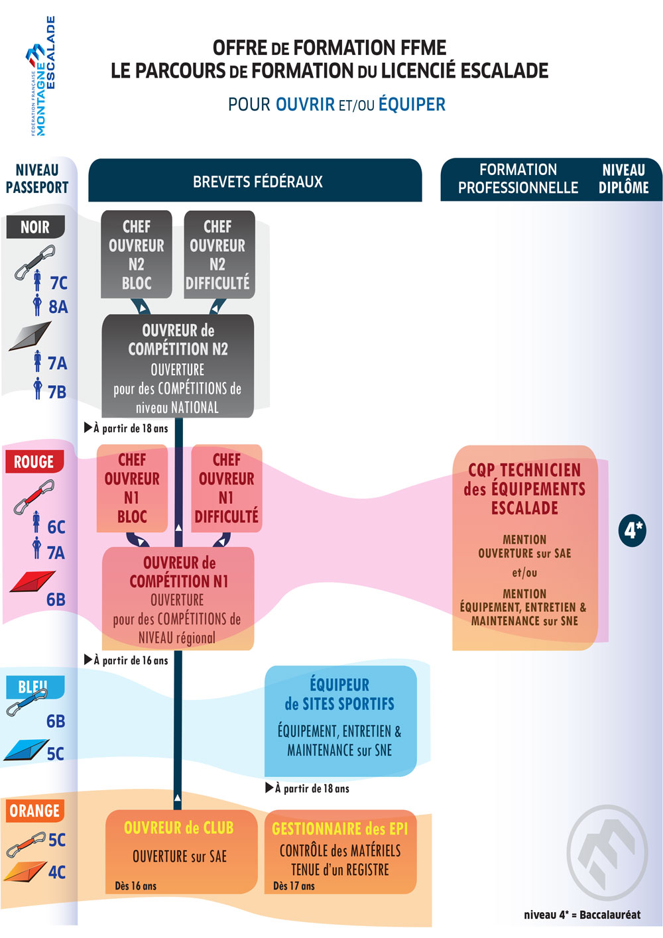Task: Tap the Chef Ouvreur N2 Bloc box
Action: (137, 255)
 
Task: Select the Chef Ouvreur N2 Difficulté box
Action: (218, 255)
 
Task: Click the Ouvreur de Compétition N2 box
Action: (178, 367)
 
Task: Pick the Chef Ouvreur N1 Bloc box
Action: (132, 488)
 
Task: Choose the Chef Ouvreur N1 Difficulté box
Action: (227, 488)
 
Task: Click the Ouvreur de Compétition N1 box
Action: (178, 599)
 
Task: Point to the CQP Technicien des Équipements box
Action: (524, 547)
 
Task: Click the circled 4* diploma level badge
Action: (633, 530)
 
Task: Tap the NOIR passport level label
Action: (36, 227)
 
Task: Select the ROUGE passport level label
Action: (34, 461)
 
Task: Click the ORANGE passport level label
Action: (35, 811)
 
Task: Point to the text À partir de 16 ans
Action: (131, 660)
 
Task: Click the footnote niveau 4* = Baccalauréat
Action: (582, 915)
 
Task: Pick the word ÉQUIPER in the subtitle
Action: (412, 105)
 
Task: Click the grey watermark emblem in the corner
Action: (607, 852)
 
